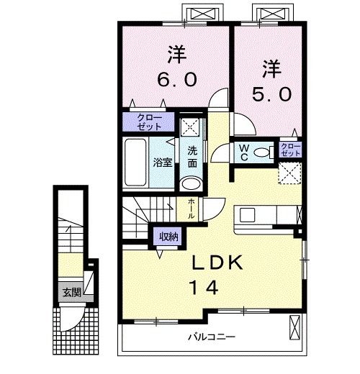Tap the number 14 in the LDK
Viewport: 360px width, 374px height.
click(x=204, y=286)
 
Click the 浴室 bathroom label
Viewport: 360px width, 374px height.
click(x=162, y=163)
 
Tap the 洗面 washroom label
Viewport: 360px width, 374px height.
click(x=193, y=158)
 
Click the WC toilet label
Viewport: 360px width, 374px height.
click(x=243, y=152)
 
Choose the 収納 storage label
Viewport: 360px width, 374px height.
click(x=169, y=236)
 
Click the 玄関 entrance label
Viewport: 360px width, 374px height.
click(x=71, y=292)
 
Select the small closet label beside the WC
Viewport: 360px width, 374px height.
click(x=290, y=150)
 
